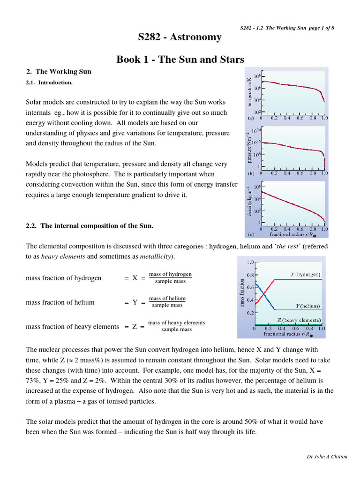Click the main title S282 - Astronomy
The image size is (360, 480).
[180, 37]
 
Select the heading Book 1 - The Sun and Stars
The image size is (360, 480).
[180, 60]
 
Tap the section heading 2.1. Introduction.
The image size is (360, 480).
[49, 82]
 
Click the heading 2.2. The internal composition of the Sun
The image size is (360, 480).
[90, 225]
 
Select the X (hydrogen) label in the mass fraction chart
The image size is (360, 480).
[305, 274]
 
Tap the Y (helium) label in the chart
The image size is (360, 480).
[307, 305]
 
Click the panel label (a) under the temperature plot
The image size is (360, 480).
[251, 119]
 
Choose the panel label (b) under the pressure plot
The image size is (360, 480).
[251, 173]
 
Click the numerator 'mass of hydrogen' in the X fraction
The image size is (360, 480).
[170, 274]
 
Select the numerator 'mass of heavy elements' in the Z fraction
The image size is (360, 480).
[176, 322]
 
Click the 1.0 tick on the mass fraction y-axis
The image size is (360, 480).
[249, 262]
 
